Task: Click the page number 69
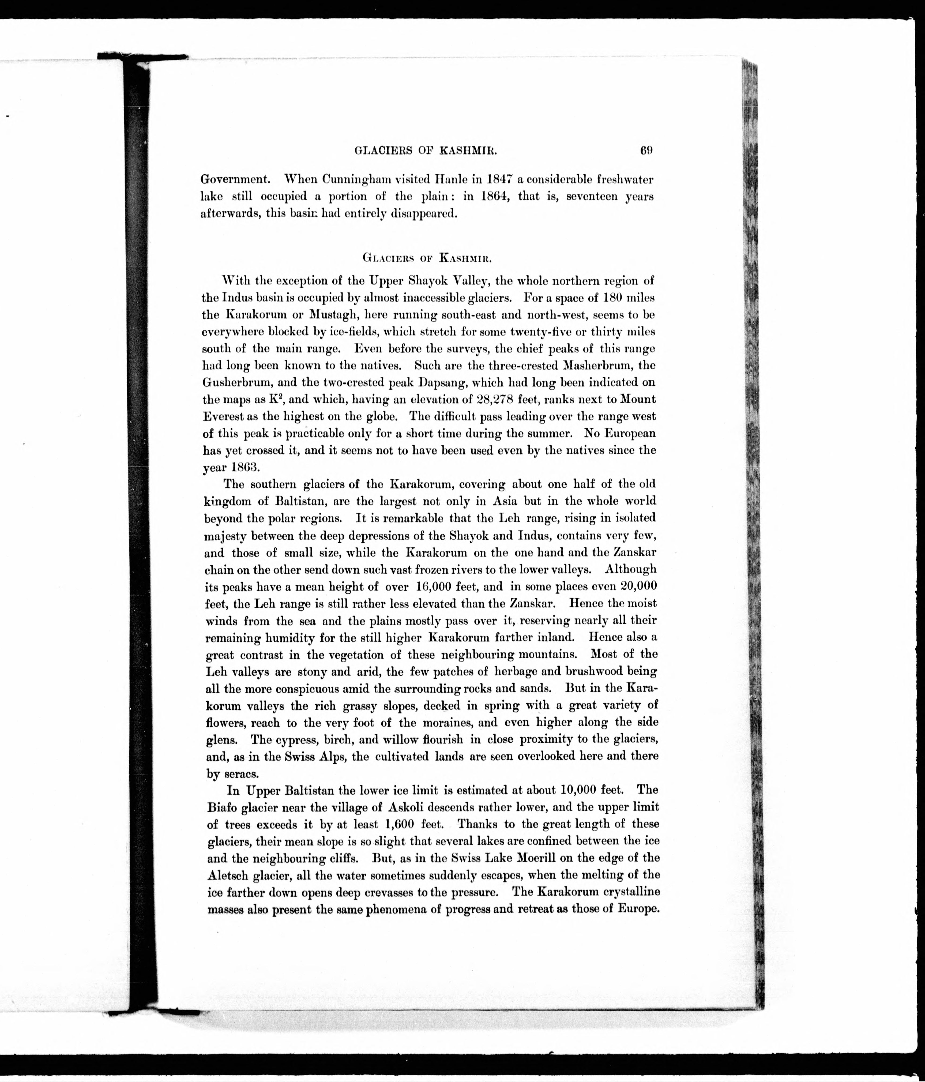[x=646, y=151]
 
